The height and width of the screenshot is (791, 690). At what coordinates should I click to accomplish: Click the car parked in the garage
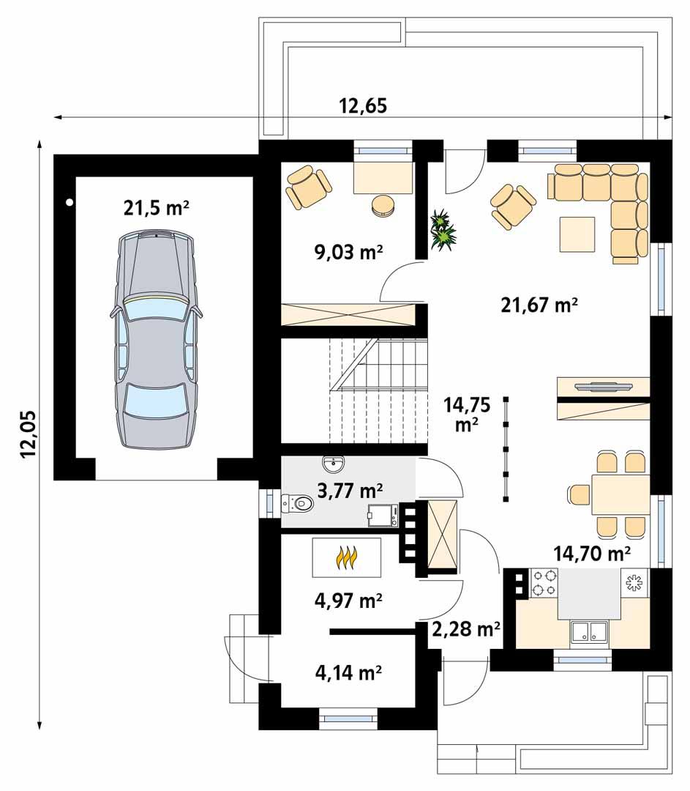[x=156, y=339]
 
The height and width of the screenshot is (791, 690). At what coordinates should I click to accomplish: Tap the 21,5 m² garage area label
[x=157, y=208]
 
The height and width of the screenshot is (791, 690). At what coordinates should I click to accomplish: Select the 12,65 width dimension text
[x=363, y=106]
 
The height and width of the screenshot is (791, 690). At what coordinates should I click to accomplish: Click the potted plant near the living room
[x=443, y=230]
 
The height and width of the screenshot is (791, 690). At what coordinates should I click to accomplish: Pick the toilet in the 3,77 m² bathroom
[x=298, y=503]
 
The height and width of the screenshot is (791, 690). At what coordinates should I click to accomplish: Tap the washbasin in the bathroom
[x=336, y=463]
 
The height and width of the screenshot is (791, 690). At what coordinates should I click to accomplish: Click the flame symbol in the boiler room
[x=347, y=558]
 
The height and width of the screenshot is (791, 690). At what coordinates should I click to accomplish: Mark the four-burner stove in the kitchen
[x=544, y=582]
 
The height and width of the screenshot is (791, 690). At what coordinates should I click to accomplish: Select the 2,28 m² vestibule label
[x=466, y=628]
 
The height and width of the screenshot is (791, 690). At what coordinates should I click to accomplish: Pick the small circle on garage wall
[x=68, y=201]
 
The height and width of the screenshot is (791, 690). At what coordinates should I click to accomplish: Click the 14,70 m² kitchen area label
[x=593, y=553]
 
